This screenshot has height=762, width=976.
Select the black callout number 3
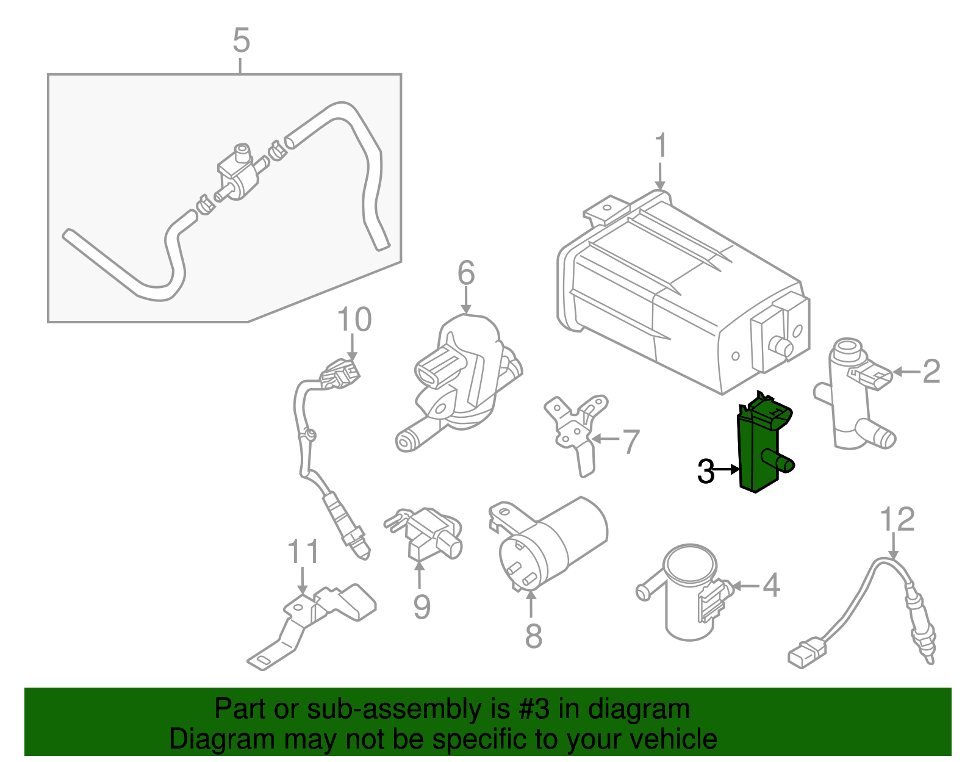pos(706,472)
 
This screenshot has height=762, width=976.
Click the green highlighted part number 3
pos(759,448)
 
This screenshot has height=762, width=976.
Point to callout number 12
pos(897,520)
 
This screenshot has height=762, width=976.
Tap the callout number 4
pos(771,586)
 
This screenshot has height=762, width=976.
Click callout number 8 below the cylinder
pos(533,636)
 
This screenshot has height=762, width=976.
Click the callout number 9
pos(422,606)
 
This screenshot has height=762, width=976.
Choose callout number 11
pos(303,552)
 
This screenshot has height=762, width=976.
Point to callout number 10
pos(354,320)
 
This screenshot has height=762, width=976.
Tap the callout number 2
pos(931,372)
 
